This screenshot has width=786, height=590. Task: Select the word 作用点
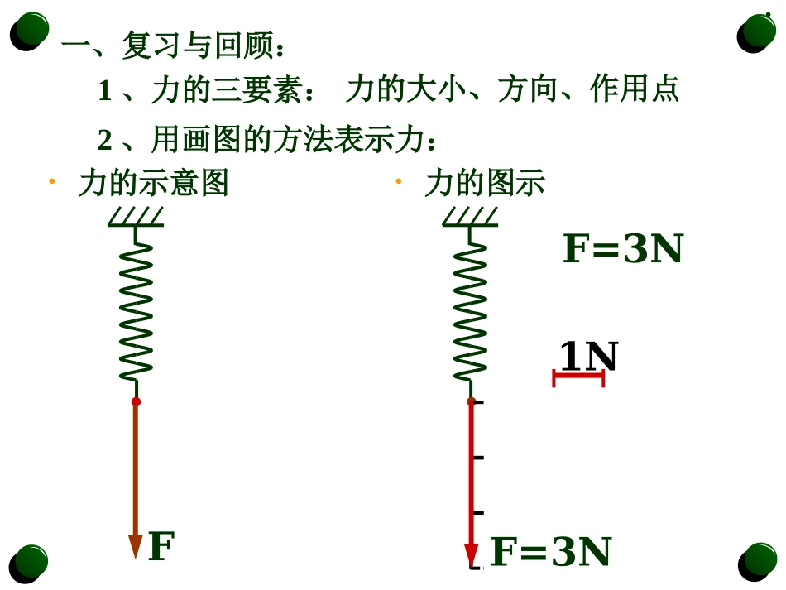coord(635,89)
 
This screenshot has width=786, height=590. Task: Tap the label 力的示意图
coord(153,183)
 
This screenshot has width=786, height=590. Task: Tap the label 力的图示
coord(485,183)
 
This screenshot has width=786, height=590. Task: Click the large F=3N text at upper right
coord(622,249)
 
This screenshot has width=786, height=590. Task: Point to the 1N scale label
coord(588,357)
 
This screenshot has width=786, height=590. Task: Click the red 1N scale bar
coord(578,378)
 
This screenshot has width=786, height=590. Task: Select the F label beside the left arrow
coord(161,547)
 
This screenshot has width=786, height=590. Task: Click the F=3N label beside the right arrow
coord(551,553)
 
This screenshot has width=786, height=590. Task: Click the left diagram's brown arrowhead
coord(136,545)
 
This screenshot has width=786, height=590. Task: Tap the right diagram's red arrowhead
coord(472,554)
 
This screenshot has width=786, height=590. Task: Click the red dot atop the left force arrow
coord(136,401)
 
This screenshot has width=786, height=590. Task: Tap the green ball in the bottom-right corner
coord(758,561)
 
